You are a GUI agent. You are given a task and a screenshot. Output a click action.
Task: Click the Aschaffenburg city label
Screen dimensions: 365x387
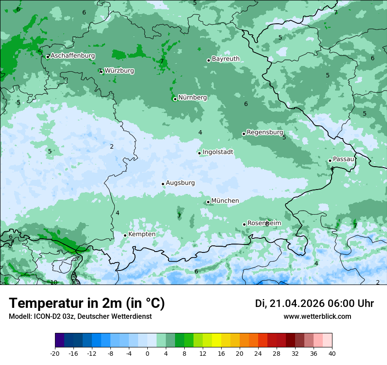pos(73,56)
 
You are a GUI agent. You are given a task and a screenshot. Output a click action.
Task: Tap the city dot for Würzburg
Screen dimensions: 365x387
pos(102,72)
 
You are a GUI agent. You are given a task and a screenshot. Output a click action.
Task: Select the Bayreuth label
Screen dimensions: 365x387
pos(226,59)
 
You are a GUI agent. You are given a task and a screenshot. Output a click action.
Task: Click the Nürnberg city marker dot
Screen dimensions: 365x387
pos(175,99)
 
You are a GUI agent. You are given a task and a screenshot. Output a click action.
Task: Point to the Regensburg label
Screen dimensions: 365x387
pos(265,132)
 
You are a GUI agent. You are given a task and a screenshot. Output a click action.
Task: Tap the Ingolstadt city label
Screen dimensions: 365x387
pos(218,152)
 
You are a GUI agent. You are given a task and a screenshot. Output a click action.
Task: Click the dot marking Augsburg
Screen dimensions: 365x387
pos(163,184)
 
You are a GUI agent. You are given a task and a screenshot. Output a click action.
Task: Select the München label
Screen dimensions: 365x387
pos(225,201)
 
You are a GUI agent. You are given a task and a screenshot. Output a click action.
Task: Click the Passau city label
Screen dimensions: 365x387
pos(343,159)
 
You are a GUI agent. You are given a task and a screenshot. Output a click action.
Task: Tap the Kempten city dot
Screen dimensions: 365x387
pos(125,235)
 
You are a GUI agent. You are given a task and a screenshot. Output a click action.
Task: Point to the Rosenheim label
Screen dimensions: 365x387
pos(264,223)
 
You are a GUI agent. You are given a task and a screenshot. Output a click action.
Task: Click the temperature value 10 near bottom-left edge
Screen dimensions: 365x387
pos(54,282)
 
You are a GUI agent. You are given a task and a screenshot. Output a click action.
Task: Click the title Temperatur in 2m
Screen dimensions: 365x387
pos(87,303)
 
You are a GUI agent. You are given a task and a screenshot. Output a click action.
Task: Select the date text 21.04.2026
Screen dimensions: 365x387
pos(297,303)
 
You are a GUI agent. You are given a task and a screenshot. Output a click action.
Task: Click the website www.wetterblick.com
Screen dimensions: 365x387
pos(317,317)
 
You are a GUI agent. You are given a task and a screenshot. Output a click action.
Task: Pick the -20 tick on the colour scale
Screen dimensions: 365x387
pos(55,353)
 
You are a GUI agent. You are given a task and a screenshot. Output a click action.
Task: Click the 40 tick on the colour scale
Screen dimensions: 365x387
pos(332,353)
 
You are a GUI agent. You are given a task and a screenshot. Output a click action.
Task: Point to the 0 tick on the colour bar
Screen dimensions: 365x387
pos(147,353)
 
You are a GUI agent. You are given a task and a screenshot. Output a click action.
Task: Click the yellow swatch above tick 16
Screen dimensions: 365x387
pos(216,340)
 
